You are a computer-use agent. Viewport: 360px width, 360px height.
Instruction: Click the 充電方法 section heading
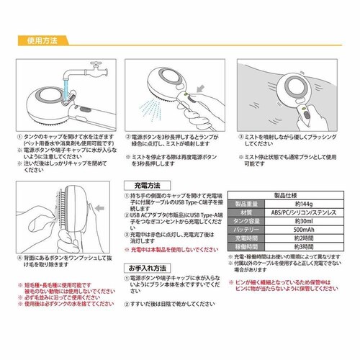[142, 184]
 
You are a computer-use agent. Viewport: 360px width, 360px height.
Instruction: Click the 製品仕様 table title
[287, 195]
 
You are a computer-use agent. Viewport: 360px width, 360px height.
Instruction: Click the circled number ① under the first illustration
[18, 135]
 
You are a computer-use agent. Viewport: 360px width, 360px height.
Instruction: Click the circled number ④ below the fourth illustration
[18, 257]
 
